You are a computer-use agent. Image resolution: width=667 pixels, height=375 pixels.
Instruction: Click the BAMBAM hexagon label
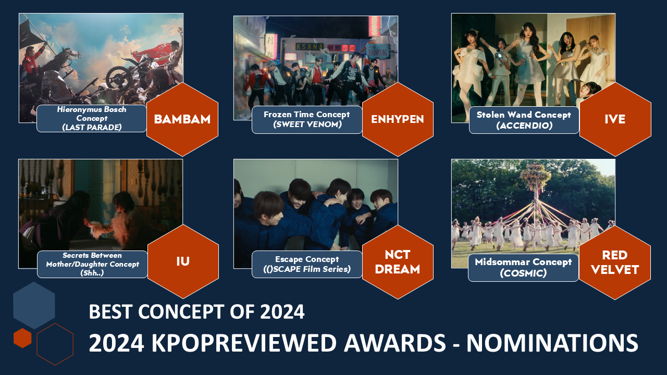click(182, 119)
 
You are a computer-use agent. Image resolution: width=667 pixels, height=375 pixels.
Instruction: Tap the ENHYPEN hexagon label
click(398, 119)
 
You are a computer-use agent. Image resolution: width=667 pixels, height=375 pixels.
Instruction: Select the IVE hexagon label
click(615, 119)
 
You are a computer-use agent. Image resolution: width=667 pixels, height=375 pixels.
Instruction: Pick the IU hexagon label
click(183, 261)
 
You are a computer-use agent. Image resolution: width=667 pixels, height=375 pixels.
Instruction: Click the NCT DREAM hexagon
click(398, 262)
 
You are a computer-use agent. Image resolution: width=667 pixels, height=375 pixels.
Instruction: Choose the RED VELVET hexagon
click(615, 262)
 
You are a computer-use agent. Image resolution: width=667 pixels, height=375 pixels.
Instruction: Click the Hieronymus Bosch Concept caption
click(92, 118)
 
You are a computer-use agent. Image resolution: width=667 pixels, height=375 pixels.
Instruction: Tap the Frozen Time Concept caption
click(307, 120)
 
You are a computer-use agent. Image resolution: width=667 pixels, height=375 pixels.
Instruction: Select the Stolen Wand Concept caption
click(524, 120)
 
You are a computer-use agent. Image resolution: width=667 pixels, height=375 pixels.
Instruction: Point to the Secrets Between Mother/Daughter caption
click(92, 264)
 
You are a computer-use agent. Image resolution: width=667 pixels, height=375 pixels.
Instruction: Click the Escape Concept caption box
click(307, 264)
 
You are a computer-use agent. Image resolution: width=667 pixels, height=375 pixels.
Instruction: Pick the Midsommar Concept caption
click(523, 268)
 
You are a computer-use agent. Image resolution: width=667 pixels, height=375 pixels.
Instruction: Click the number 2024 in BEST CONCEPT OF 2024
click(282, 312)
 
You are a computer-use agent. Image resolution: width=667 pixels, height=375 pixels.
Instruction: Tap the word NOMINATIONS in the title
click(552, 343)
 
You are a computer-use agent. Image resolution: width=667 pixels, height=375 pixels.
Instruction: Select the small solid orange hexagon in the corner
click(22, 338)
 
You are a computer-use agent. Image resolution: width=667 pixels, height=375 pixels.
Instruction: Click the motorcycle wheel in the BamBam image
click(118, 78)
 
